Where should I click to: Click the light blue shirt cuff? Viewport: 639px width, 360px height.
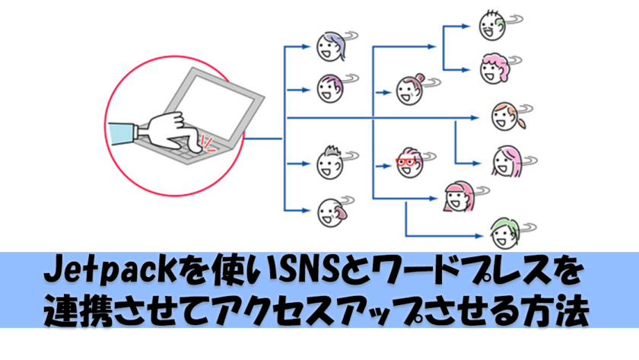[x=122, y=133]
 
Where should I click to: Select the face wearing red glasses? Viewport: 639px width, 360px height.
[x=409, y=162]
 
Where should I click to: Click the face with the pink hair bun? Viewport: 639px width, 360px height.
[x=410, y=90]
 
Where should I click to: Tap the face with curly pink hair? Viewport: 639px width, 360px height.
[x=494, y=68]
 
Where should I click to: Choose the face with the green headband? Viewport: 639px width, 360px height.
[x=505, y=234]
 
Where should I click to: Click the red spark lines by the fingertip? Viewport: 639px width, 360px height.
[x=208, y=144]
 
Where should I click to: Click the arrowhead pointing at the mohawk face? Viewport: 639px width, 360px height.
[x=306, y=164]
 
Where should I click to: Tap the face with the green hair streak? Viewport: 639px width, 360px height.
[x=492, y=25]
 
